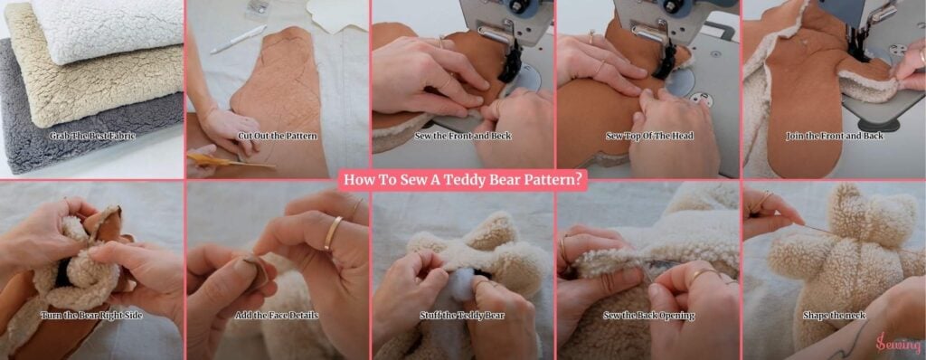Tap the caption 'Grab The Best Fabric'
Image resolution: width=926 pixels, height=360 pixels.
pyautogui.click(x=92, y=136)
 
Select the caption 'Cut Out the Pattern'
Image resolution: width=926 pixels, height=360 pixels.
pyautogui.click(x=277, y=136)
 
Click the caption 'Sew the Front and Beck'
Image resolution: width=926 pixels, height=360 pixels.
pyautogui.click(x=463, y=136)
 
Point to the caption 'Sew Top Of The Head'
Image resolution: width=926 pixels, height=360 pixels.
pyautogui.click(x=649, y=136)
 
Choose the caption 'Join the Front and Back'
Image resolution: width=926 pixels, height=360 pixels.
pyautogui.click(x=835, y=136)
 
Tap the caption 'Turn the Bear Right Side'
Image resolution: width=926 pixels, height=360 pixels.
pyautogui.click(x=91, y=315)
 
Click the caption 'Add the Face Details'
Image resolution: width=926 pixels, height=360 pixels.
pyautogui.click(x=277, y=315)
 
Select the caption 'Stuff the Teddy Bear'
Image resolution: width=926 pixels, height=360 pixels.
pyautogui.click(x=462, y=315)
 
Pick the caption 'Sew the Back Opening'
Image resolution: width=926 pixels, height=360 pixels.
pyautogui.click(x=648, y=315)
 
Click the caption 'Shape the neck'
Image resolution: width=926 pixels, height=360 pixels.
pyautogui.click(x=834, y=315)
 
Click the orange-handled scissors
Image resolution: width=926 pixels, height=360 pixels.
pyautogui.click(x=231, y=161)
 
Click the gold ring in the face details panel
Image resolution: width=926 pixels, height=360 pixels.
pyautogui.click(x=333, y=232)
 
